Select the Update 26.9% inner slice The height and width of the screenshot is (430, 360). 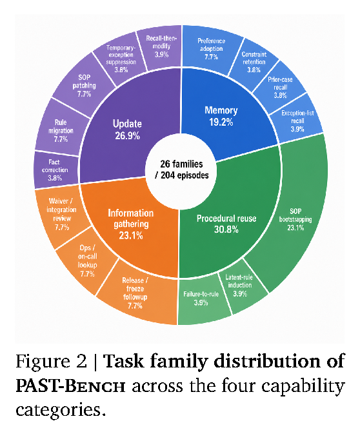coord(126,129)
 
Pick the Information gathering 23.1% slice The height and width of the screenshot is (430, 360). coord(132,225)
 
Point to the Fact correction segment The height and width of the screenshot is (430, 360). coord(55,170)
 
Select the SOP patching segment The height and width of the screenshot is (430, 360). coord(84,85)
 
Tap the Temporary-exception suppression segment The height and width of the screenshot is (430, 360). coord(121,57)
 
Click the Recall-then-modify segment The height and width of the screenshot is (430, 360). coord(162,46)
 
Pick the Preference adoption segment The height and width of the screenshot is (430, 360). coord(211,49)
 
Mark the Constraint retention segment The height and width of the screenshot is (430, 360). coord(254,62)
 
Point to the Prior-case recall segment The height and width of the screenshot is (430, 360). coord(280,86)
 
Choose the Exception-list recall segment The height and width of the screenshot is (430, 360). coord(297,121)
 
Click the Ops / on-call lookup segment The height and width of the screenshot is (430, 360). coord(88,260)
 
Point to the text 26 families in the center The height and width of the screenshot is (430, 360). coord(182,164)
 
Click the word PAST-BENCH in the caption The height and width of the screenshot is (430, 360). coord(70,386)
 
